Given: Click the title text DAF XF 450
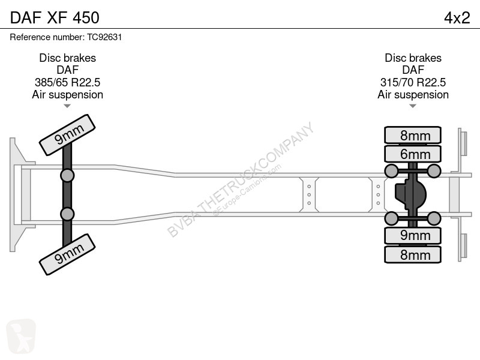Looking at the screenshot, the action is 55,17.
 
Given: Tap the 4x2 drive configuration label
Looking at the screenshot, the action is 457,18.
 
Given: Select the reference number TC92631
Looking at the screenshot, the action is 104,37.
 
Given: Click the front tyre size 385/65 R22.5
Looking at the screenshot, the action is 67,82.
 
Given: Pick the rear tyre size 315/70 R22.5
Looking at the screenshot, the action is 413,82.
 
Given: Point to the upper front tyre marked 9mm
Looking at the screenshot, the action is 67,135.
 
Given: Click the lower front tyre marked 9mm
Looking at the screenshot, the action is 67,254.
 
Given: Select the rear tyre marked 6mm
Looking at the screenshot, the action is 413,154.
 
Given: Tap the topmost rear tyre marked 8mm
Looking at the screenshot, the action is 413,135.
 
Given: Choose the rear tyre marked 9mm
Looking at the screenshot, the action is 413,235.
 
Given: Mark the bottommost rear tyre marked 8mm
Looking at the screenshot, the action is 413,254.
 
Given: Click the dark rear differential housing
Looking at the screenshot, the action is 410,194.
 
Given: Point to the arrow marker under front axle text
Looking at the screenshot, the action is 67,106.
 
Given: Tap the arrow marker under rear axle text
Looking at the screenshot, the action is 413,106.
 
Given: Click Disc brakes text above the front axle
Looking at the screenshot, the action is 67,58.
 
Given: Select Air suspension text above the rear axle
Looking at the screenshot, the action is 413,95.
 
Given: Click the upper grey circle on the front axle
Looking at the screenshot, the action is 67,176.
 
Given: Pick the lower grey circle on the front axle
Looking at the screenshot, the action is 67,214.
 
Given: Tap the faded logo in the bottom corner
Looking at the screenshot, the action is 21,336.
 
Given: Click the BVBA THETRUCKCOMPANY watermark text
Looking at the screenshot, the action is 241,179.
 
